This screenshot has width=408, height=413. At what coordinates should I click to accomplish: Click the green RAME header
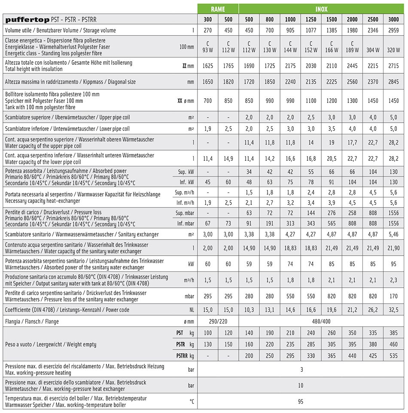click(218, 9)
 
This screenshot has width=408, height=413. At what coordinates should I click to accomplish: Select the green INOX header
click(321, 9)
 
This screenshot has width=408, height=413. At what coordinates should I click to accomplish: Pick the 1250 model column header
click(311, 20)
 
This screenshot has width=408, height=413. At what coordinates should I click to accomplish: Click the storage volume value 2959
click(393, 30)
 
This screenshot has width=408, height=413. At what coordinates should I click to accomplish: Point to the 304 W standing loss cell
click(373, 50)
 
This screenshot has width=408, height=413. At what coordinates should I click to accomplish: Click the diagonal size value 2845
click(393, 81)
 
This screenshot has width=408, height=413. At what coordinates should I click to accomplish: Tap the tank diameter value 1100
click(311, 101)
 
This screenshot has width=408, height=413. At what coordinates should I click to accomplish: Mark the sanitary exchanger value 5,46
click(393, 234)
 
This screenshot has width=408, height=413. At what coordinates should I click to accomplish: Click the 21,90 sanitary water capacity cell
click(393, 248)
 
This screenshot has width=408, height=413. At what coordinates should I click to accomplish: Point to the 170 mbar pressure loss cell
click(393, 296)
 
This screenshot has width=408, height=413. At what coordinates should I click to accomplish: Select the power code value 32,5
click(393, 310)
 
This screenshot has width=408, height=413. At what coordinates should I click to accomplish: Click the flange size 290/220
click(218, 321)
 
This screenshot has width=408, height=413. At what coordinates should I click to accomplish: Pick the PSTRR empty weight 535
click(393, 356)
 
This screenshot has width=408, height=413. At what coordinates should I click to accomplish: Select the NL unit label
click(191, 310)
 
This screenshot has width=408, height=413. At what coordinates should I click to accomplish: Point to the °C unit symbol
click(192, 401)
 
